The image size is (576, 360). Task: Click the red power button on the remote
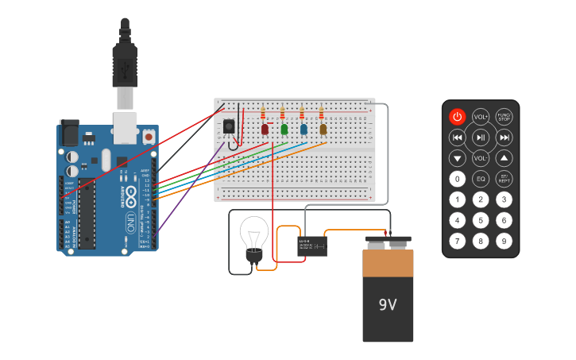click(x=457, y=117)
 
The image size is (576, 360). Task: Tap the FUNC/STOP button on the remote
click(x=504, y=117)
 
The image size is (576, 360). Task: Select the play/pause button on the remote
click(x=481, y=137)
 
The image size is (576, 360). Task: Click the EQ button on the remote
click(x=481, y=179)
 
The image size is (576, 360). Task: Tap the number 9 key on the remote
click(x=504, y=240)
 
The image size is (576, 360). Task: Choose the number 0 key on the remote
click(x=457, y=179)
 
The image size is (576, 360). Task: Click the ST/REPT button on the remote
click(x=504, y=179)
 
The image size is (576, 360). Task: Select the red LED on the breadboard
click(x=265, y=129)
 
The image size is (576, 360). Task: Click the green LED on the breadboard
click(x=284, y=129)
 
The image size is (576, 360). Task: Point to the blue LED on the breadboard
click(x=303, y=129)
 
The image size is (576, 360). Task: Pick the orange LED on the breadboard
click(x=323, y=129)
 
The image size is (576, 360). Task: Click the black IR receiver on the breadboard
click(x=230, y=126)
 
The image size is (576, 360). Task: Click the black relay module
click(x=312, y=246)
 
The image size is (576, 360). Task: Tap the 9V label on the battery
click(x=388, y=305)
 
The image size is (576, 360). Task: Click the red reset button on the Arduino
click(x=149, y=137)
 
